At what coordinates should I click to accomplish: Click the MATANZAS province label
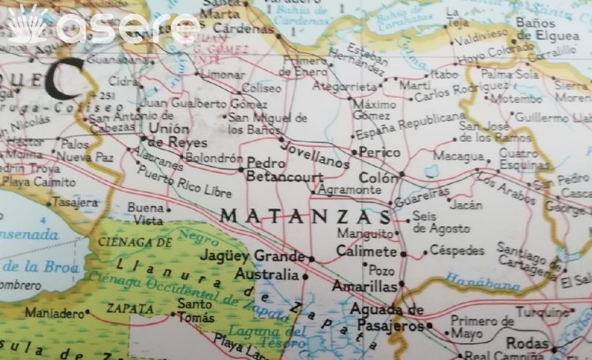[x=301, y=216]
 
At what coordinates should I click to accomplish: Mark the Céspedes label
[x=457, y=251]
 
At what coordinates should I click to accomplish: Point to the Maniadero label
[x=53, y=313]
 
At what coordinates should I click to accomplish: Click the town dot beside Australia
[x=306, y=275]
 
